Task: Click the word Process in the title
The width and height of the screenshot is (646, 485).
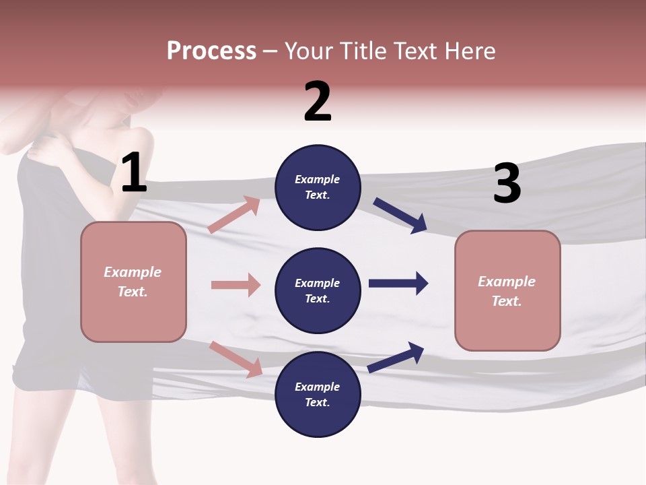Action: coord(211,51)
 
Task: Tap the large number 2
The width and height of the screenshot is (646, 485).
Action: coord(318,101)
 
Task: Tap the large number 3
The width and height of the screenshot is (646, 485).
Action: coord(507,184)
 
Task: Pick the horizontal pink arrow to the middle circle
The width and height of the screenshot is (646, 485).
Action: coord(236,285)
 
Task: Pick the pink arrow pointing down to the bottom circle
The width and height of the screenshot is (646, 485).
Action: coord(236,359)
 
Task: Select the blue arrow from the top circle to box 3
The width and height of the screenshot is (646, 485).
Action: coord(400,216)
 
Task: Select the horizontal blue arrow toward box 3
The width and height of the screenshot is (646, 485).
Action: coord(398,283)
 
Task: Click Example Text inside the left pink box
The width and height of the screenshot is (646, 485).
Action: coord(133,282)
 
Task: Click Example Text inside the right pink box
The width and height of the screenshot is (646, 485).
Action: coord(507,291)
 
